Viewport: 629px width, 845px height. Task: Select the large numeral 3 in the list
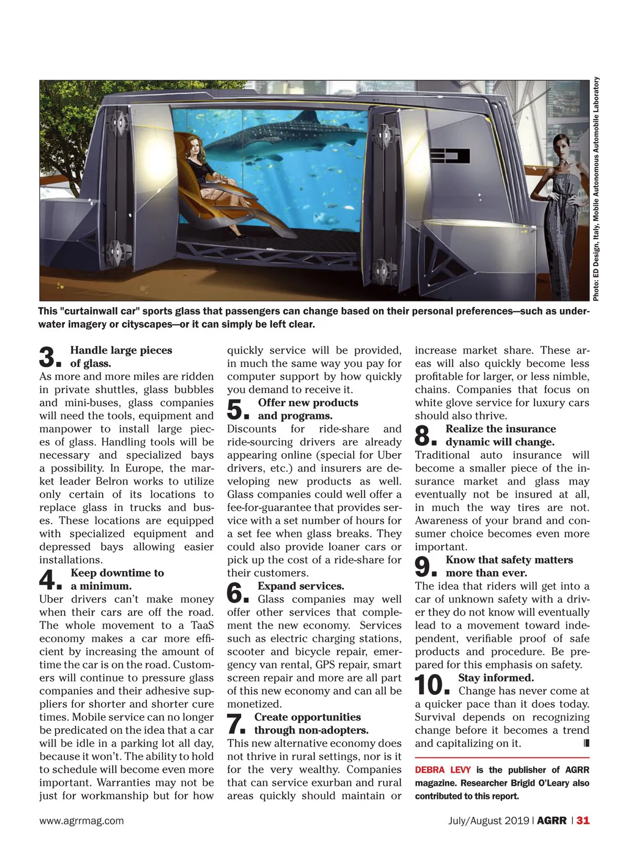click(x=49, y=357)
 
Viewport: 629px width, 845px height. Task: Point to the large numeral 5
click(x=236, y=410)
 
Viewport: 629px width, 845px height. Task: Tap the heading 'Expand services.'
click(x=301, y=586)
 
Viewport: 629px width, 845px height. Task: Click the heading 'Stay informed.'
click(x=496, y=678)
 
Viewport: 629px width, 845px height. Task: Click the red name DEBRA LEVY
click(x=442, y=770)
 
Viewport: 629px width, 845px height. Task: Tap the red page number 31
click(x=583, y=821)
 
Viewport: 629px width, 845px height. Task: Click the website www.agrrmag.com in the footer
click(x=81, y=821)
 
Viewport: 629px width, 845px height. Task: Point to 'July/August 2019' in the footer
click(x=489, y=821)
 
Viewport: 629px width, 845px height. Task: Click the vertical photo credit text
click(x=596, y=189)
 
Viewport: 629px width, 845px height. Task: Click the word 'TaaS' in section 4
click(x=202, y=625)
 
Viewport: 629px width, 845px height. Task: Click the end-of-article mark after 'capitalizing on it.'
click(x=586, y=743)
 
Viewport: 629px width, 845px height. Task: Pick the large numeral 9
click(x=424, y=567)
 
